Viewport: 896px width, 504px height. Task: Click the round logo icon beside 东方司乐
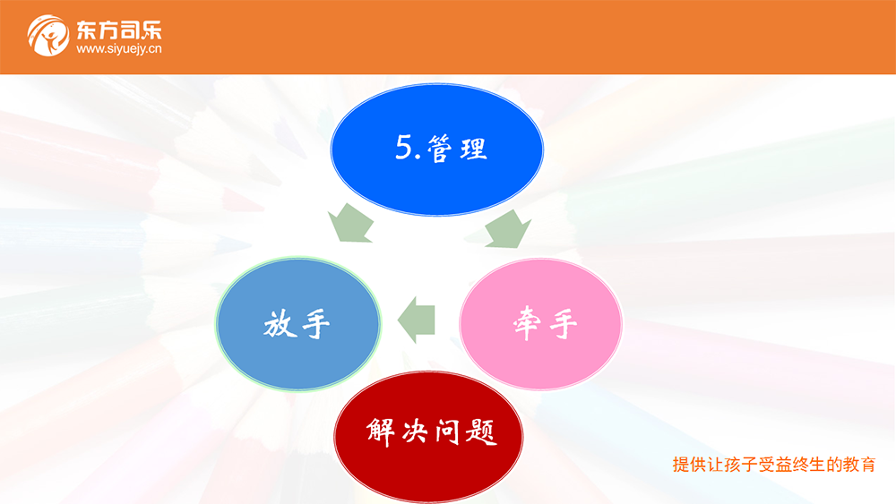pyautogui.click(x=48, y=36)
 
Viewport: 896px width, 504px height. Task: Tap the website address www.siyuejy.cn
pyautogui.click(x=119, y=49)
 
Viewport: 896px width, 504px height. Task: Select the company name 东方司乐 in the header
pyautogui.click(x=119, y=30)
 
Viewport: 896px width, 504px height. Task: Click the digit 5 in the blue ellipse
pyautogui.click(x=403, y=148)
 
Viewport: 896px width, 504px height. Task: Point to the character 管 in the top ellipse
pyautogui.click(x=439, y=149)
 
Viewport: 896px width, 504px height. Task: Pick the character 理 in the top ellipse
pyautogui.click(x=473, y=149)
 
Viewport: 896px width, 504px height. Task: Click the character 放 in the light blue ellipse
pyautogui.click(x=279, y=324)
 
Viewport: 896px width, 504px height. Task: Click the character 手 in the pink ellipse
pyautogui.click(x=564, y=324)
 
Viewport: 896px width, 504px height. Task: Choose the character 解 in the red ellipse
pyautogui.click(x=381, y=431)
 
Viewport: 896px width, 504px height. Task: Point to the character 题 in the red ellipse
pyautogui.click(x=481, y=431)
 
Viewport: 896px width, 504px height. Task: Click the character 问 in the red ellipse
pyautogui.click(x=447, y=431)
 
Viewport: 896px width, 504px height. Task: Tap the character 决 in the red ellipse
pyautogui.click(x=414, y=432)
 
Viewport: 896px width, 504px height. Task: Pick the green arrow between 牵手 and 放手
pyautogui.click(x=416, y=320)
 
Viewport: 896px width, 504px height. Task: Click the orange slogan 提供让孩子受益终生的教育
pyautogui.click(x=774, y=465)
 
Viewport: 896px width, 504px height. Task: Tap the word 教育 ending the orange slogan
pyautogui.click(x=859, y=465)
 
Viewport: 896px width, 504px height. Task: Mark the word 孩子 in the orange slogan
pyautogui.click(x=740, y=465)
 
